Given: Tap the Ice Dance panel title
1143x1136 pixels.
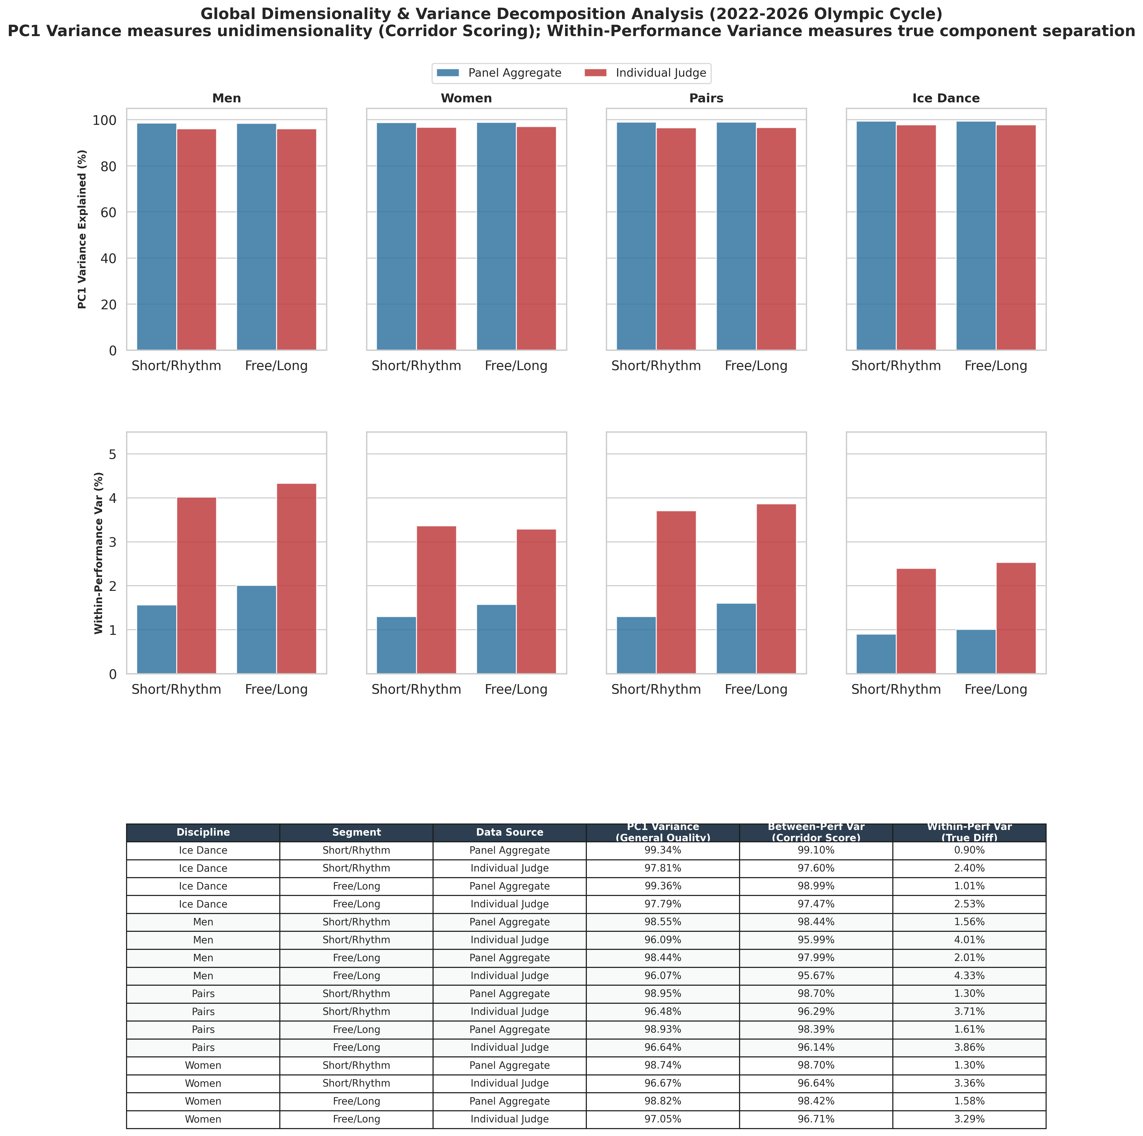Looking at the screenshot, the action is [946, 98].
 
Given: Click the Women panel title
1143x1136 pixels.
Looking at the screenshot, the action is [466, 98].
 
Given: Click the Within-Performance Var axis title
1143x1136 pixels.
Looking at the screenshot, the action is [99, 553].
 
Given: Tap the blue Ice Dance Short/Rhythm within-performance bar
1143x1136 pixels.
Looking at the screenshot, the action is [876, 654].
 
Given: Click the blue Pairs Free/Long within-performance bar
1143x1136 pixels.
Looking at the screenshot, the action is [736, 638].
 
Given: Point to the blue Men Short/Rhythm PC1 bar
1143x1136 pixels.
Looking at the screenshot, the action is [157, 237].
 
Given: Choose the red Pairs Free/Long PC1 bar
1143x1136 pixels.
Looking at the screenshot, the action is [776, 239].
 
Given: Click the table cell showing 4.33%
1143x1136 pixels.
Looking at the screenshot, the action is [969, 976].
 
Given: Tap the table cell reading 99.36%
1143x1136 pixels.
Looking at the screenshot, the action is [663, 886].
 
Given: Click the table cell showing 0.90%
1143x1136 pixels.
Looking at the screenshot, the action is [969, 850].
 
